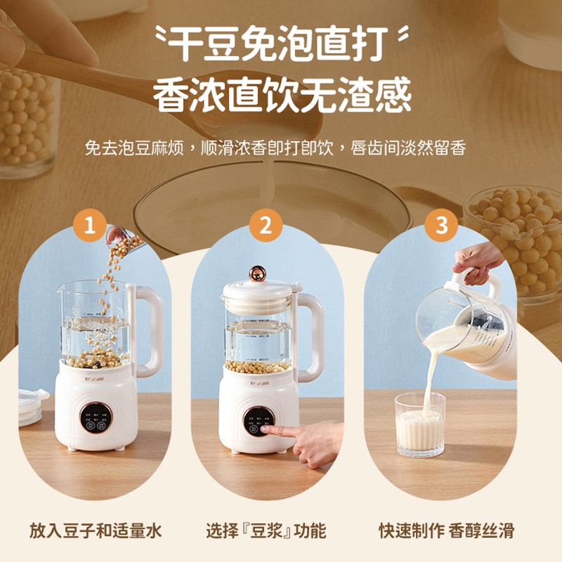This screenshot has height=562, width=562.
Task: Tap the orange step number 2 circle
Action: (266, 226)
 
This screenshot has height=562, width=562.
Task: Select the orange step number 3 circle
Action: (442, 226)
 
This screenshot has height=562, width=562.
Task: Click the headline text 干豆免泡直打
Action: (281, 44)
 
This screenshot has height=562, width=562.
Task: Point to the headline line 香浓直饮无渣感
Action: (281, 94)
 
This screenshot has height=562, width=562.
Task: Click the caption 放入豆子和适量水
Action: (96, 530)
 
